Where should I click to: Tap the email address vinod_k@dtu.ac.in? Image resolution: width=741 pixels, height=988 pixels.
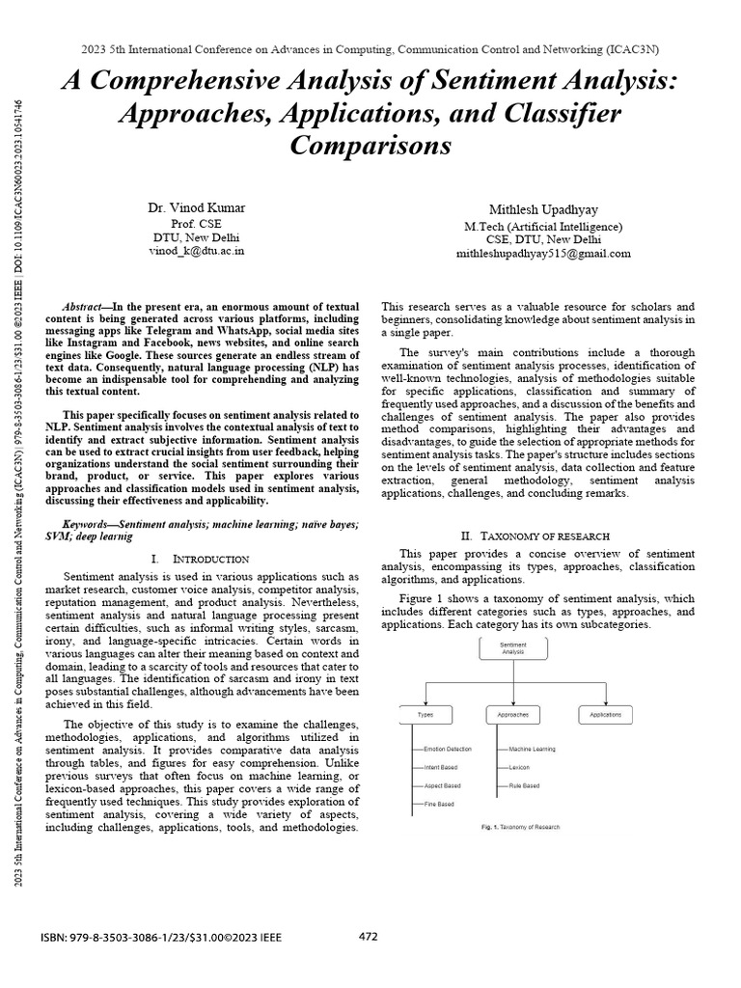pos(196,251)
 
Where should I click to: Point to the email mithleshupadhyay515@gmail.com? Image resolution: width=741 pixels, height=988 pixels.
pos(543,254)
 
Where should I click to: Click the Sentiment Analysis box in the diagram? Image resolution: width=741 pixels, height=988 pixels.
pos(512,647)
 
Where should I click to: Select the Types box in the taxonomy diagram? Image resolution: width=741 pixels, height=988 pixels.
pos(425,715)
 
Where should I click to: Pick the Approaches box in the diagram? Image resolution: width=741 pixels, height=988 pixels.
pos(512,715)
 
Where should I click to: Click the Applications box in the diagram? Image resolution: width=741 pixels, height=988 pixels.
pos(605,715)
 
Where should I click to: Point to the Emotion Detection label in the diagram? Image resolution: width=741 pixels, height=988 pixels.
pos(449,749)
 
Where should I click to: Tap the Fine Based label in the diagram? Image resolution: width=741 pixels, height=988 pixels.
pos(439,804)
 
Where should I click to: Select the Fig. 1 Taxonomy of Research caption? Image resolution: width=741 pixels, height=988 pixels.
pos(520,827)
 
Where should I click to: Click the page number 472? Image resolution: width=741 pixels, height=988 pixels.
pos(369,936)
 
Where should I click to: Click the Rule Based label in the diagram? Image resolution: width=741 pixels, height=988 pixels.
pos(525,786)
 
